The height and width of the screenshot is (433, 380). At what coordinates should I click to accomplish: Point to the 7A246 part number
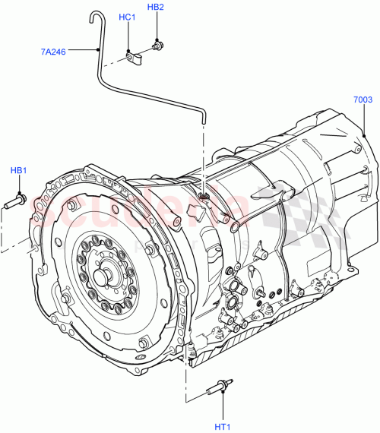click(x=54, y=52)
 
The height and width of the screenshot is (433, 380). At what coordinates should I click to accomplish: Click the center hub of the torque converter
click(x=101, y=275)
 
